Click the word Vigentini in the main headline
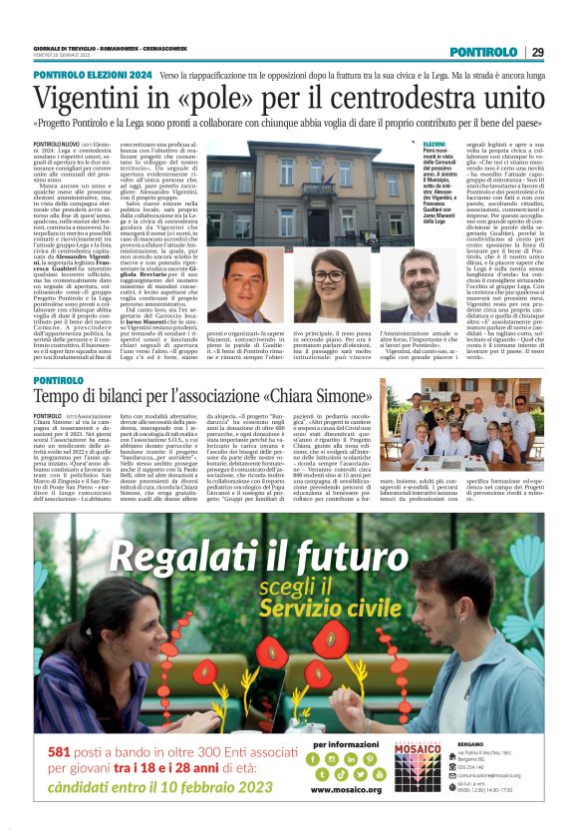118,99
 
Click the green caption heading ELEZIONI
435,146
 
